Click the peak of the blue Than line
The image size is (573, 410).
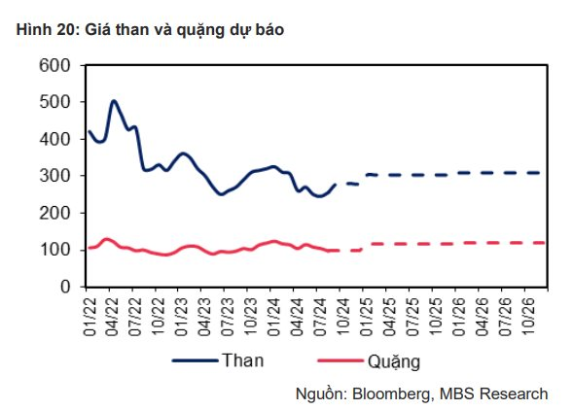114,100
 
